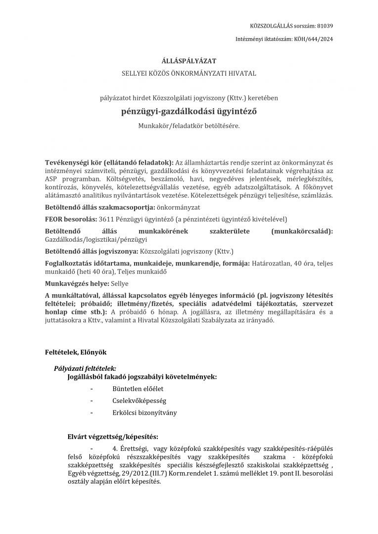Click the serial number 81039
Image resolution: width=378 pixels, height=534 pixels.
click(325, 26)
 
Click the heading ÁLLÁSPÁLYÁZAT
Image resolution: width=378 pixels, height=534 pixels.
click(189, 61)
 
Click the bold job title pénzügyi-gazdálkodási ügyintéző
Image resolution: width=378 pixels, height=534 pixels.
click(189, 111)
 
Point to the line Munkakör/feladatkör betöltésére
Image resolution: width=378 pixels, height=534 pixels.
click(189, 126)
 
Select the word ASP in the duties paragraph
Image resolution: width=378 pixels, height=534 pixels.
click(51, 178)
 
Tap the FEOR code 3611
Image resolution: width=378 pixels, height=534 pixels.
click(107, 219)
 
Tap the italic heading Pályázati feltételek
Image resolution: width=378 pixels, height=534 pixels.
click(85, 368)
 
